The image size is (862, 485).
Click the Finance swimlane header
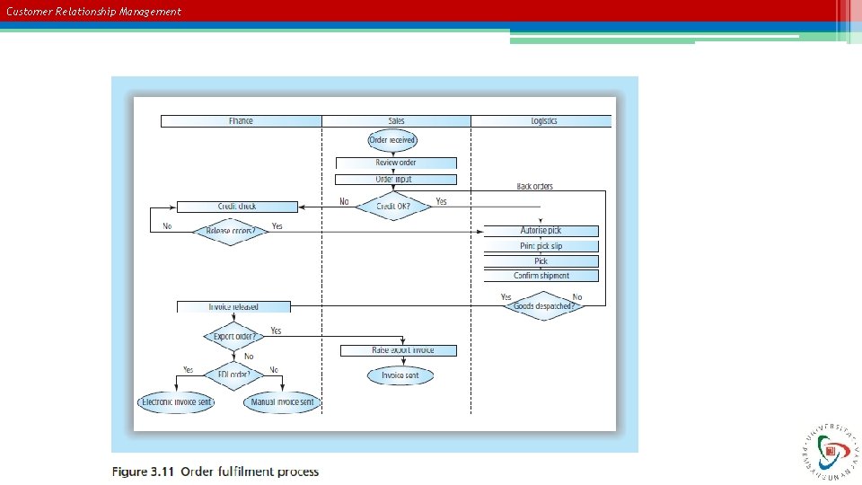click(x=241, y=121)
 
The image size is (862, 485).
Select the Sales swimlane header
click(x=396, y=121)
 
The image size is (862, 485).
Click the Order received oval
click(x=392, y=140)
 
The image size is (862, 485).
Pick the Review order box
click(x=396, y=163)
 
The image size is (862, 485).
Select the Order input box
click(x=396, y=180)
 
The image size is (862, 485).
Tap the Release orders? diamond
click(x=231, y=231)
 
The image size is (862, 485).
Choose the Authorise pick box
click(x=541, y=231)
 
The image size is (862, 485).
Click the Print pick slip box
click(x=541, y=246)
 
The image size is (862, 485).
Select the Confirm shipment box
click(x=541, y=276)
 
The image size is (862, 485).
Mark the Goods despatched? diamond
click(x=544, y=306)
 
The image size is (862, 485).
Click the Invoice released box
click(x=233, y=307)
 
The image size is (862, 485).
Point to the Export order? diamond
click(x=233, y=338)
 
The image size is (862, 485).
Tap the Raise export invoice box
click(x=400, y=350)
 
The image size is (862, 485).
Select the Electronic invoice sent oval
click(x=177, y=402)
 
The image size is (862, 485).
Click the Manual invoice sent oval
click(x=282, y=402)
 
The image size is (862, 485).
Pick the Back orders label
click(x=535, y=187)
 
